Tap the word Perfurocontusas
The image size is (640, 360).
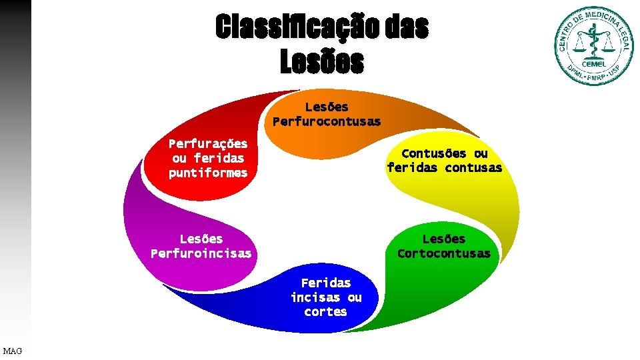[327, 121]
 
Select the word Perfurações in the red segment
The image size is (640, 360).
[208, 144]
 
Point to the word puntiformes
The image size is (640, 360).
[208, 173]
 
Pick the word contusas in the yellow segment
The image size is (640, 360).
[473, 168]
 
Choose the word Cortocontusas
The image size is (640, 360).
[444, 253]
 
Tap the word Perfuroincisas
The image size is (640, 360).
[201, 253]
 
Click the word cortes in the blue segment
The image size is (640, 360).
[325, 312]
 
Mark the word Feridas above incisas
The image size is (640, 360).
[326, 283]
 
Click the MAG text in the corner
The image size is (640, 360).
[12, 351]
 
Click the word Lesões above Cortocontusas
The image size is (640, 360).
[444, 239]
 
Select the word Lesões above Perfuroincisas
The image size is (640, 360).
[201, 239]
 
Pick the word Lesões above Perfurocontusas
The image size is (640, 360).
[327, 107]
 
